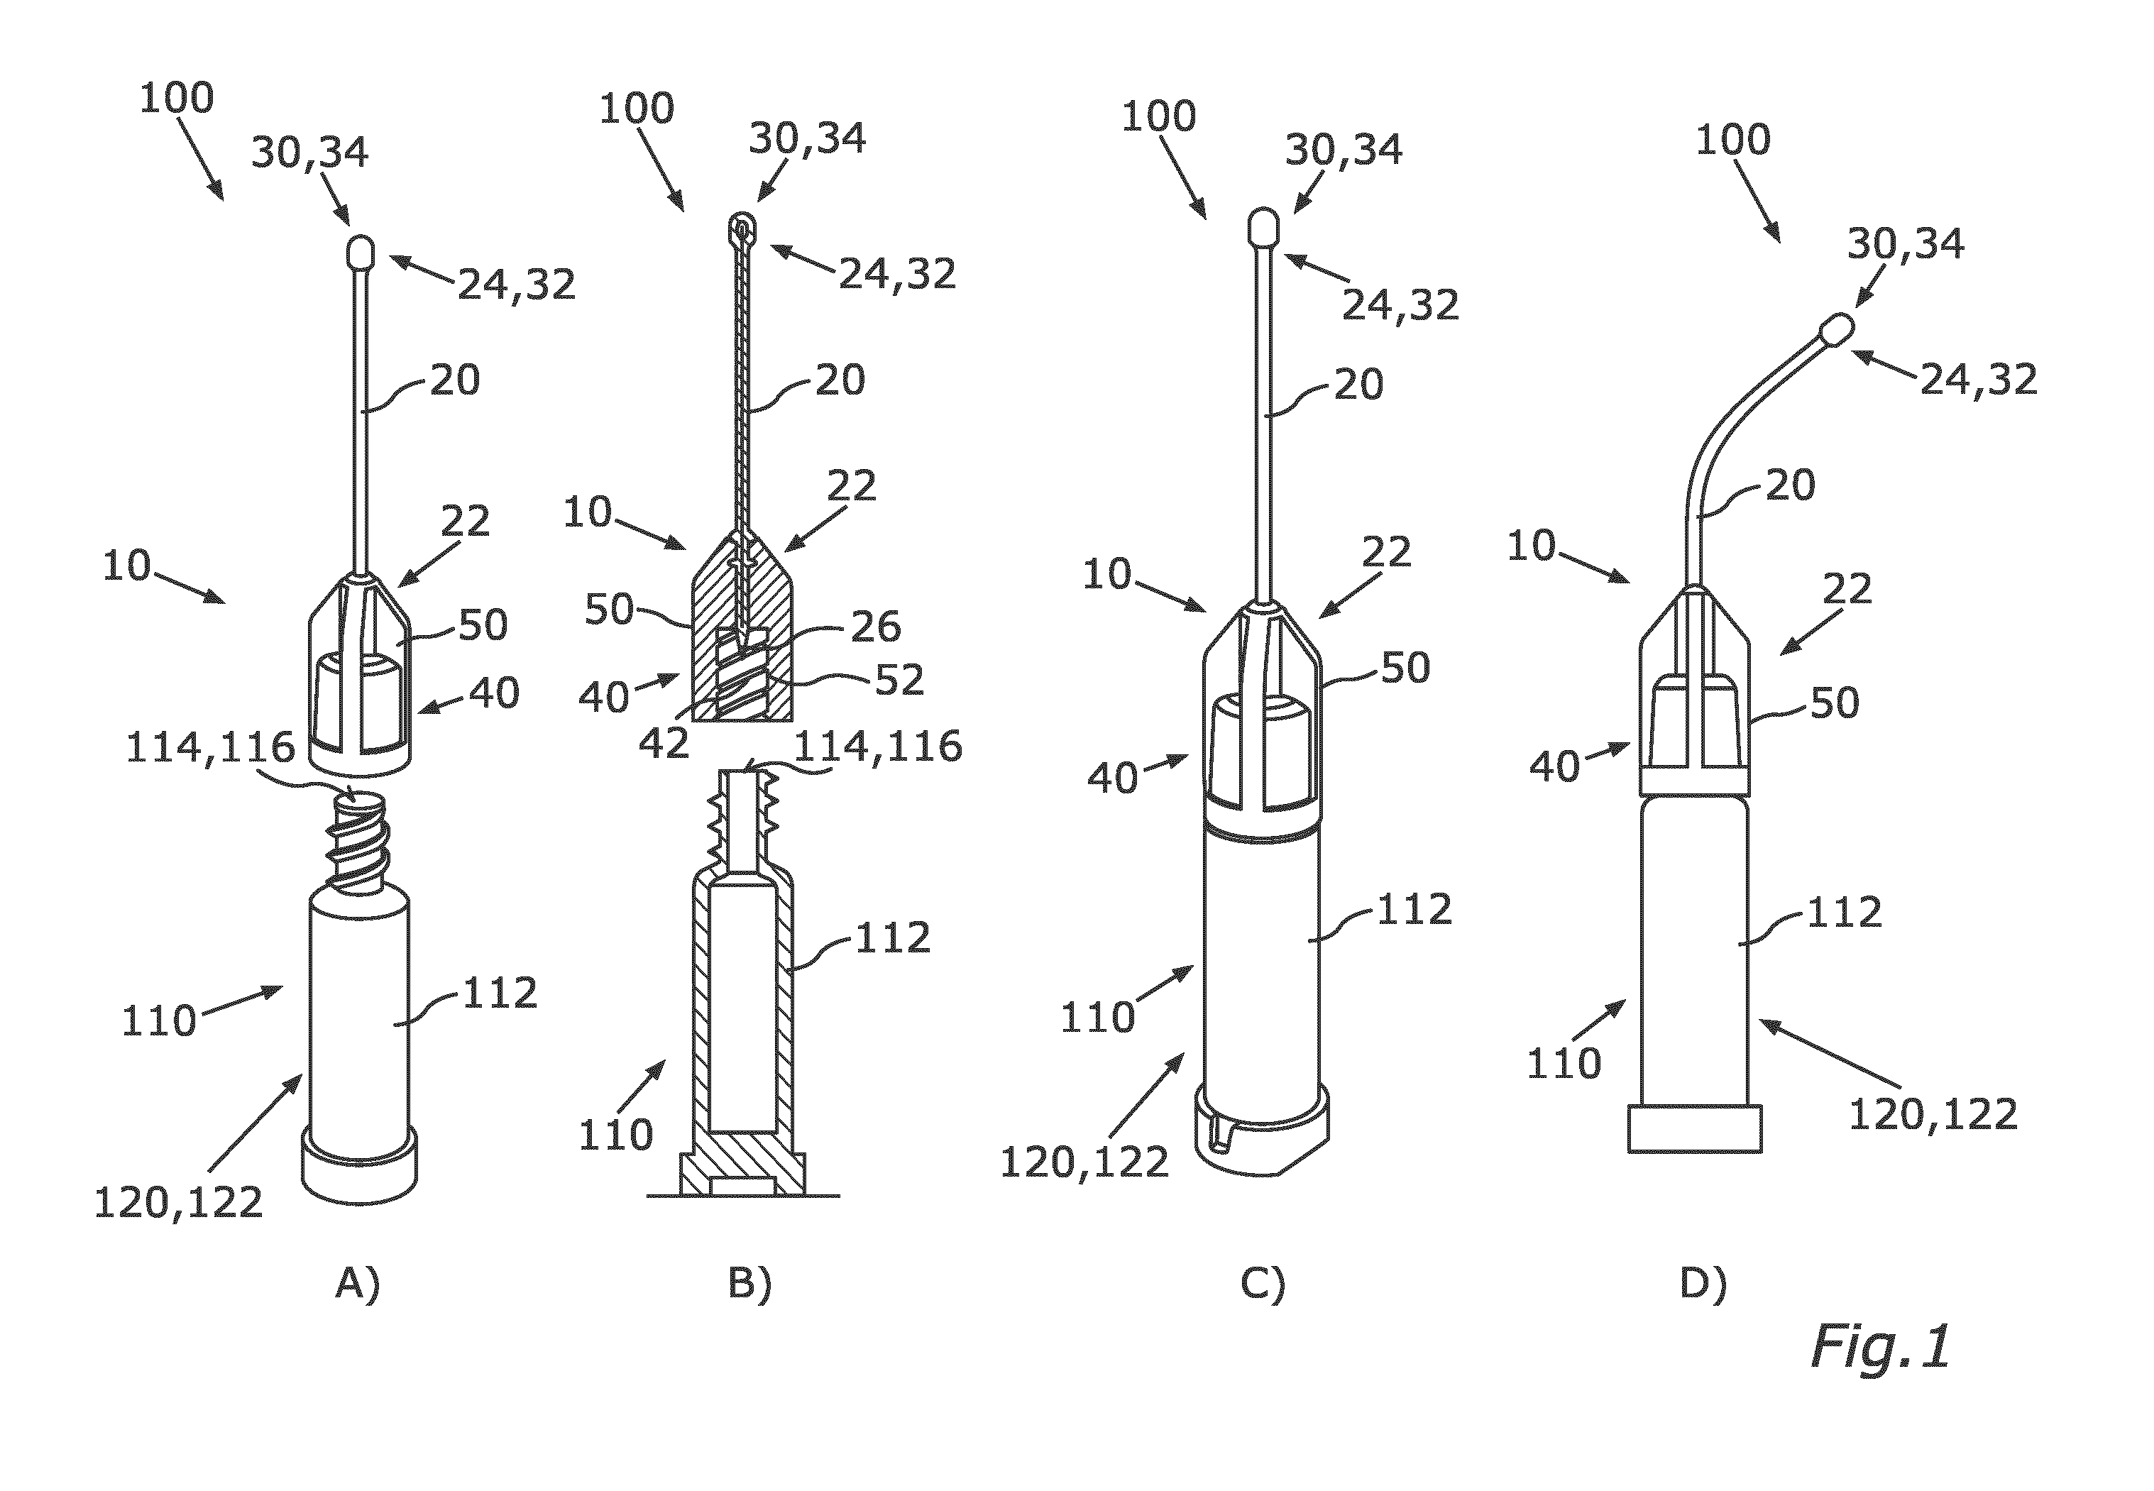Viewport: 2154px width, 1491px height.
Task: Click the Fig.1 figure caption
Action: (1880, 1347)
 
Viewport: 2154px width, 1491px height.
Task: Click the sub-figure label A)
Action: (358, 1284)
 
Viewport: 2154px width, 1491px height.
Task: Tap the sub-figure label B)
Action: (750, 1284)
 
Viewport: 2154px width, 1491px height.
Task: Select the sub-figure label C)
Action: (1263, 1284)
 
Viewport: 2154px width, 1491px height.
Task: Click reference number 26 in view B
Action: (875, 627)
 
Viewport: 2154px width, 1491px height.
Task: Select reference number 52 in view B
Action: (899, 680)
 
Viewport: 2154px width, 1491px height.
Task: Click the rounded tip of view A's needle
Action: (360, 252)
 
